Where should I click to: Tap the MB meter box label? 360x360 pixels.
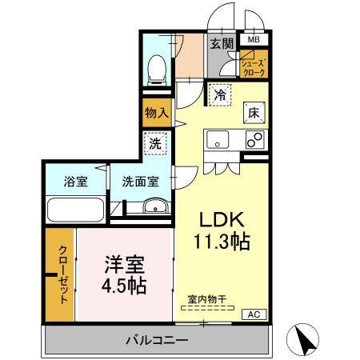click(x=254, y=38)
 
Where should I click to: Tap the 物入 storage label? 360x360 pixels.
click(x=157, y=113)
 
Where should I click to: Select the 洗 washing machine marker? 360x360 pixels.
click(x=157, y=145)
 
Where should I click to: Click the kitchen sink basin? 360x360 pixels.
click(x=218, y=141)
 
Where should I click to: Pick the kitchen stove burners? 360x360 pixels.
click(x=255, y=140)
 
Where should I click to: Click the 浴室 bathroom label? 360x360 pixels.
click(x=76, y=182)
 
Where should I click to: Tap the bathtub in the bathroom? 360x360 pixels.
click(x=74, y=211)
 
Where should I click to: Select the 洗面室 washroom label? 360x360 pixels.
click(x=140, y=182)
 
